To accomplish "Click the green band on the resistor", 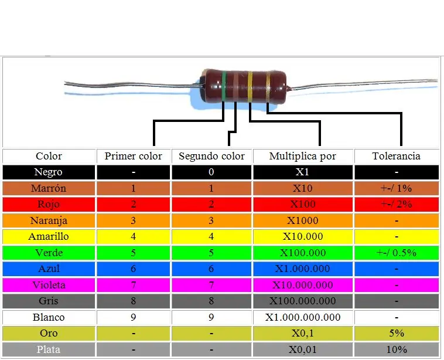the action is pyautogui.click(x=224, y=86).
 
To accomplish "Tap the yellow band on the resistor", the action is pyautogui.click(x=250, y=86).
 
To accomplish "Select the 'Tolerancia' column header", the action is pyautogui.click(x=396, y=156).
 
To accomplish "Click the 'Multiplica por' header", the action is pyautogui.click(x=302, y=156).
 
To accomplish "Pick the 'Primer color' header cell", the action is pyautogui.click(x=134, y=156).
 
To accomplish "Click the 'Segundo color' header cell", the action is pyautogui.click(x=211, y=156).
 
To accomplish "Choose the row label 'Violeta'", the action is pyautogui.click(x=49, y=285).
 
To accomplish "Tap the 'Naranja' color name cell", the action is pyautogui.click(x=49, y=220).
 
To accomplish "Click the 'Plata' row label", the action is pyautogui.click(x=49, y=349).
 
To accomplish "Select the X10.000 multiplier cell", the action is pyautogui.click(x=303, y=236).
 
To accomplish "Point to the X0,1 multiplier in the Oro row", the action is pyautogui.click(x=303, y=334).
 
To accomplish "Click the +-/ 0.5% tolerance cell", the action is pyautogui.click(x=397, y=253).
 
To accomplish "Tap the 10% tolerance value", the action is pyautogui.click(x=397, y=349).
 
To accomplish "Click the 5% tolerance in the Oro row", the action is pyautogui.click(x=397, y=334).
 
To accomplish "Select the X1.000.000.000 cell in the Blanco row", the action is pyautogui.click(x=303, y=317).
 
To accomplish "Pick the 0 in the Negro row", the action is pyautogui.click(x=211, y=172).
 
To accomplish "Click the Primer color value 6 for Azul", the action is pyautogui.click(x=134, y=269).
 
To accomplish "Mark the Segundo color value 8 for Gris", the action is pyautogui.click(x=211, y=301).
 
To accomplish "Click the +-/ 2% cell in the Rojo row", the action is pyautogui.click(x=397, y=204).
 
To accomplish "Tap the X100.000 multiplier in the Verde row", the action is pyautogui.click(x=303, y=253).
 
